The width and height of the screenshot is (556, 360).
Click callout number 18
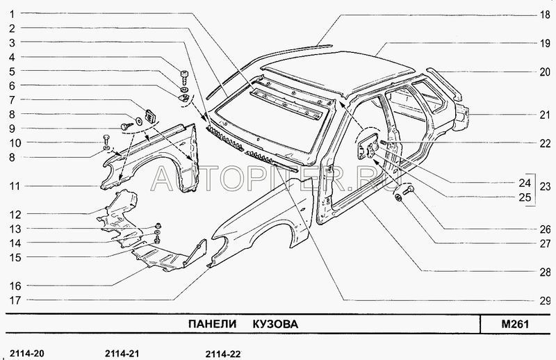(x=545, y=15)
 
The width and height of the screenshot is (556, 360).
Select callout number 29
(x=545, y=301)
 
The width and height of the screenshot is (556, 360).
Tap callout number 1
(x=12, y=14)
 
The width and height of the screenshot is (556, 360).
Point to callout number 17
(x=15, y=300)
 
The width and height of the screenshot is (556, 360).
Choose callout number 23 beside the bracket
(x=545, y=186)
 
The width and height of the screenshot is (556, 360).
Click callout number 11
(x=15, y=186)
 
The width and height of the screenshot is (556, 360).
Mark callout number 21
(x=545, y=115)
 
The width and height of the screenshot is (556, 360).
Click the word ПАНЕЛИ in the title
(x=212, y=324)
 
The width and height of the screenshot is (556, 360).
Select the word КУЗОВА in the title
(x=275, y=324)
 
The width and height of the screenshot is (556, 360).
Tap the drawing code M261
(x=515, y=324)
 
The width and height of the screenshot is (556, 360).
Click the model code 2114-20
(x=27, y=354)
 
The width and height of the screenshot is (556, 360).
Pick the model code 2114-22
(x=223, y=354)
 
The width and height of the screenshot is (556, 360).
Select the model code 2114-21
(x=122, y=354)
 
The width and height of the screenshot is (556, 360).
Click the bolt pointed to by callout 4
(x=184, y=77)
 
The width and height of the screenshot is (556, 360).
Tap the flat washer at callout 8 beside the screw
(x=138, y=121)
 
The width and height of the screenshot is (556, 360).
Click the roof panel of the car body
(x=337, y=71)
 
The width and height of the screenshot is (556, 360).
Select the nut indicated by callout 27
(x=398, y=197)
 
